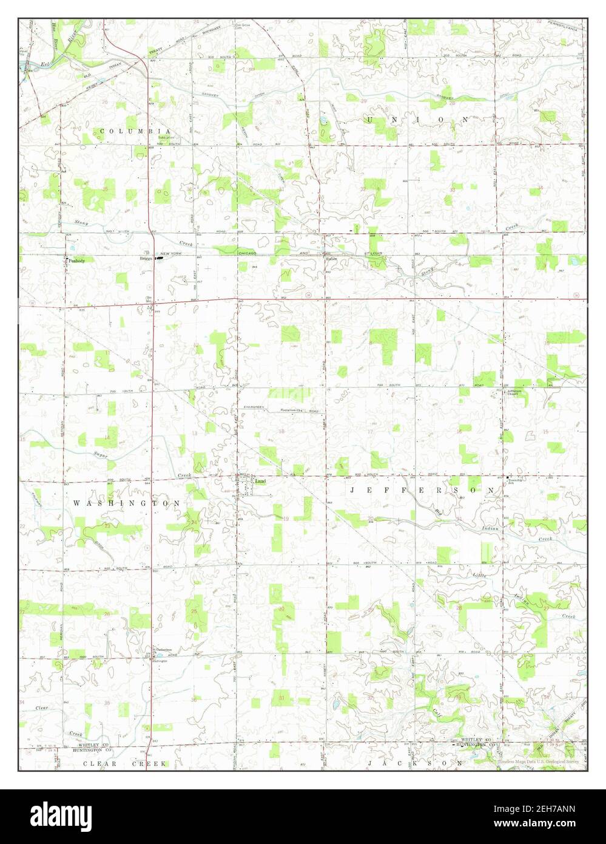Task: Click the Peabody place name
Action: (76, 260)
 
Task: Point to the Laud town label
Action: (261, 482)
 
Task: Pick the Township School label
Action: (515, 482)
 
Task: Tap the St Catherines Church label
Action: (163, 650)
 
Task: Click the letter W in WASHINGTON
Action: (76, 503)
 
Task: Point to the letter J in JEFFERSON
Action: (352, 489)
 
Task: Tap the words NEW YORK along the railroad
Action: (170, 253)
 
